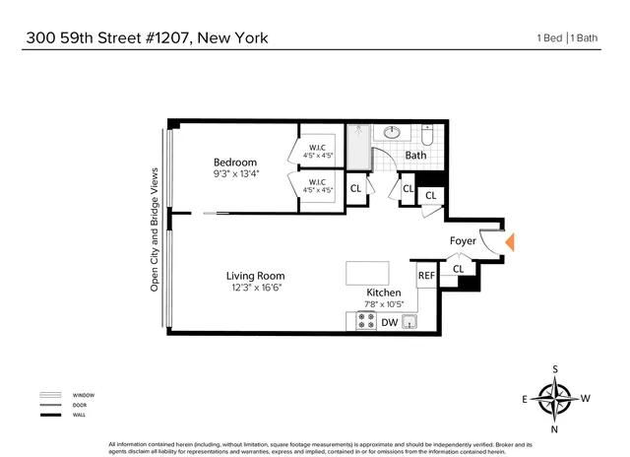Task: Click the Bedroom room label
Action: point(235,163)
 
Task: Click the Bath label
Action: point(416,155)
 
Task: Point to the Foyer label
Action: point(463,240)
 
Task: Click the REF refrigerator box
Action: point(427,278)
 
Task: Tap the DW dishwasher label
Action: point(389,322)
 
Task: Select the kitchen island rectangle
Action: point(366,273)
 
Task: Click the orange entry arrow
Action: point(509,242)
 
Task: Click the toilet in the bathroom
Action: point(427,134)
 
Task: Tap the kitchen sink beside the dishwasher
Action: point(412,322)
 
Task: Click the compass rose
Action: point(558,400)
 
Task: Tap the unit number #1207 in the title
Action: point(161,38)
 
